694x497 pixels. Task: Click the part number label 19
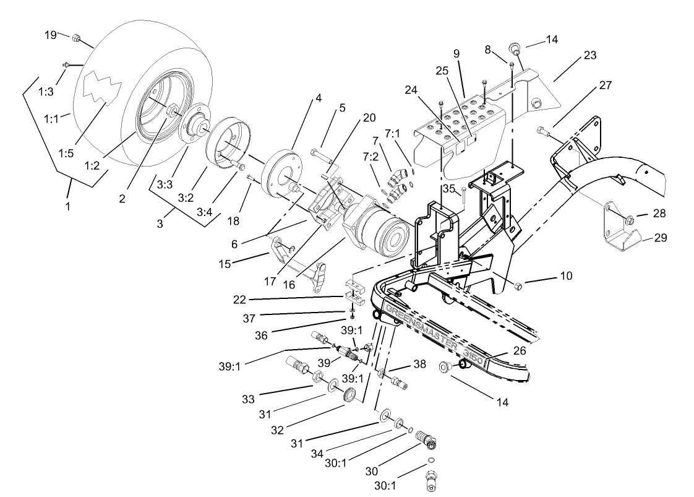[51, 34]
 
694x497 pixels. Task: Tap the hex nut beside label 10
[519, 285]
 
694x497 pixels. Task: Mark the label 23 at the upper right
[589, 56]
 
